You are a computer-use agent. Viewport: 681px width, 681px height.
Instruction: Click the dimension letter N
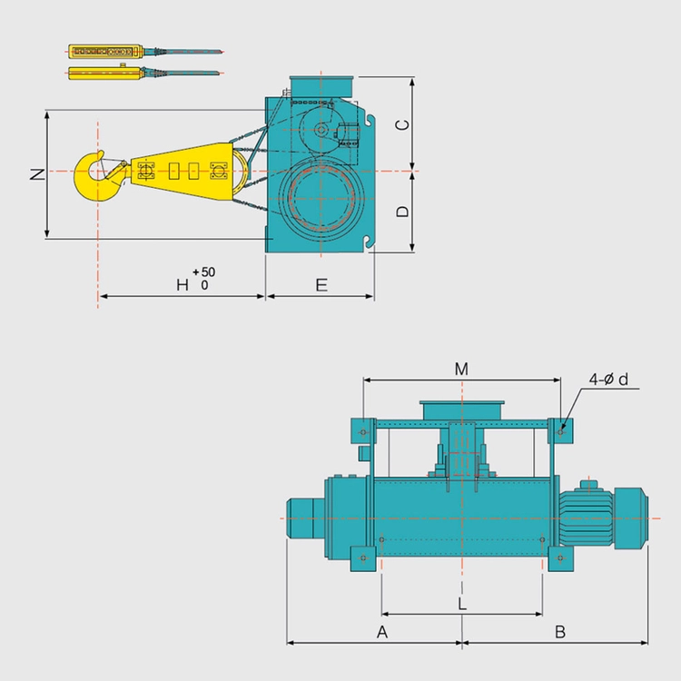click(x=38, y=173)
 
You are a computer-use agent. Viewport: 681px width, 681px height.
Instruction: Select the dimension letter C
click(x=402, y=124)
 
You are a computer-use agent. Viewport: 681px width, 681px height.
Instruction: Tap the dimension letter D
click(x=402, y=211)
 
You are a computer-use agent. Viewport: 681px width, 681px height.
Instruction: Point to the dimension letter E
click(x=321, y=285)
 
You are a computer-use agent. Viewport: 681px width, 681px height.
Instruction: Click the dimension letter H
click(x=183, y=285)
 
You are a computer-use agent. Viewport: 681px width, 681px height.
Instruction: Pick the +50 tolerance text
click(x=204, y=271)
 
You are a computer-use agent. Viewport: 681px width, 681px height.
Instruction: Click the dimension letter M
click(x=461, y=370)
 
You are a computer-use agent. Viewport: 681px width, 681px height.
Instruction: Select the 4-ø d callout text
click(x=608, y=380)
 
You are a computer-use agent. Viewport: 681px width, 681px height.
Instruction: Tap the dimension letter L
click(x=462, y=604)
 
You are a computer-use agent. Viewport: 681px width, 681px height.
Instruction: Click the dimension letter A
click(x=382, y=632)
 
